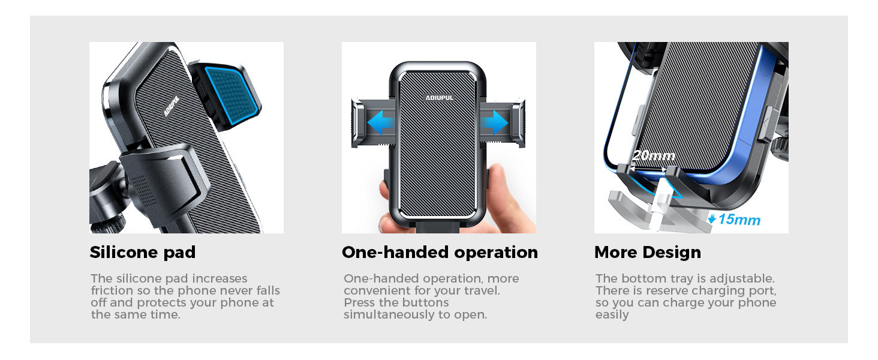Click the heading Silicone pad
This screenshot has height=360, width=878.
143,253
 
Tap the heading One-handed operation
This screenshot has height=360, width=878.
440,253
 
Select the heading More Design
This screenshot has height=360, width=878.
647,253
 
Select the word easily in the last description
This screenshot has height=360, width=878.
612,315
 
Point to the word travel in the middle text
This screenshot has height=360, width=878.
483,291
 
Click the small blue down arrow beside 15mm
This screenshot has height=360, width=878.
712,220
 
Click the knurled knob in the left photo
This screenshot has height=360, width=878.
108,224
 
